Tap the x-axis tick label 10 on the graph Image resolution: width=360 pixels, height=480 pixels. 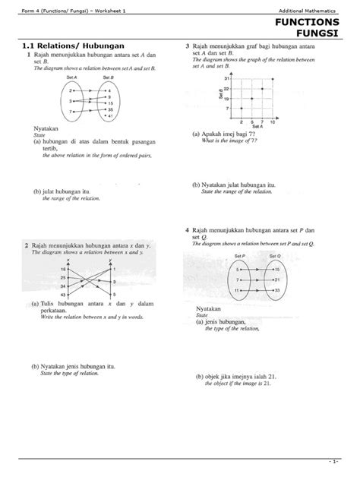(x=273, y=122)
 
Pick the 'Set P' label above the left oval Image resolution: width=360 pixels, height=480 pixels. (x=242, y=258)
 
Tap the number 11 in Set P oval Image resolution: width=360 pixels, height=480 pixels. (x=237, y=291)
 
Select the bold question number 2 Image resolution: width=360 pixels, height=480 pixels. (x=27, y=245)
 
